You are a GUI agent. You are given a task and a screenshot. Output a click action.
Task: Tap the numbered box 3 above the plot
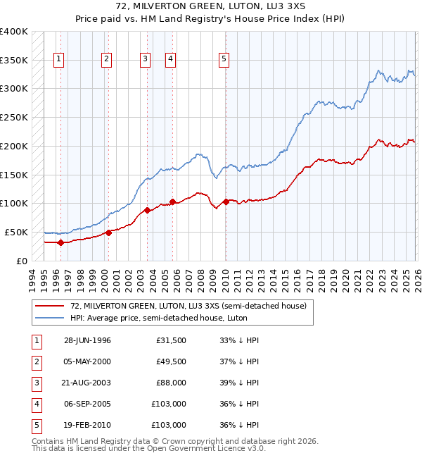145,60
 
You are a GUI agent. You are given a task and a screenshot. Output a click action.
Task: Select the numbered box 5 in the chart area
224,60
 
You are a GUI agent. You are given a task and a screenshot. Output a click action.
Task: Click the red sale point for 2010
225,202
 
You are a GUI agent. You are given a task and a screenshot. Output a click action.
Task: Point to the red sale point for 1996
60,242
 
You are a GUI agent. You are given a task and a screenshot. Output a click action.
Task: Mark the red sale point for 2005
172,202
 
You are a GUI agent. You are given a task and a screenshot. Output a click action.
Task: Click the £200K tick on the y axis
14,146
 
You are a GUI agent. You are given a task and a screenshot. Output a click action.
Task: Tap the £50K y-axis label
16,232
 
